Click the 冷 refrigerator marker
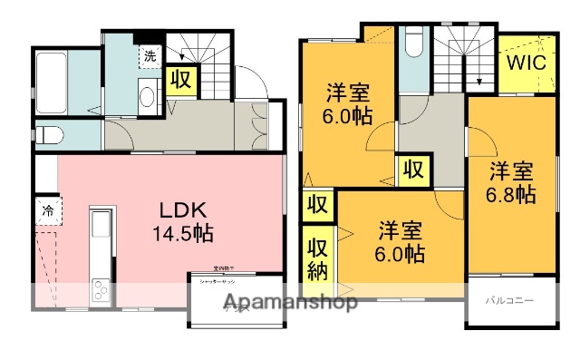pyautogui.click(x=46, y=211)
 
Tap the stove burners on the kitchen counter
pyautogui.click(x=99, y=292)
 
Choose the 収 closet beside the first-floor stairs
pyautogui.click(x=180, y=80)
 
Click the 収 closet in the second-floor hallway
pyautogui.click(x=412, y=169)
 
